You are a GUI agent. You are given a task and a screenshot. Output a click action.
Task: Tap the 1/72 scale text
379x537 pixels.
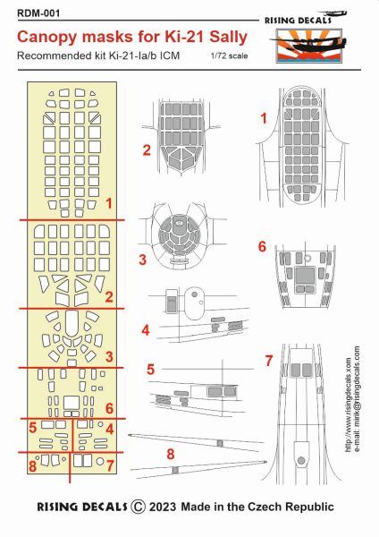229,55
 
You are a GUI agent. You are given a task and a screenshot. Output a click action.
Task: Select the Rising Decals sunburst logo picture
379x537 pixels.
309,46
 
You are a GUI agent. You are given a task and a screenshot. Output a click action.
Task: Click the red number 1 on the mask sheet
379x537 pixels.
109,204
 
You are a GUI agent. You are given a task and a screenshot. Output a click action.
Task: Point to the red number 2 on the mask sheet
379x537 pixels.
109,296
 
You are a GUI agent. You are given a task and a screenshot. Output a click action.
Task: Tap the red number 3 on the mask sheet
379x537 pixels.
109,356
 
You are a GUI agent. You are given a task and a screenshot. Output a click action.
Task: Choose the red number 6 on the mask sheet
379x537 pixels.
109,408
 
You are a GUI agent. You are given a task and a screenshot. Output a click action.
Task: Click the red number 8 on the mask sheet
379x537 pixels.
32,466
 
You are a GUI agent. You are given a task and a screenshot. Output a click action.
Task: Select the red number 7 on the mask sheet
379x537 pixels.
110,465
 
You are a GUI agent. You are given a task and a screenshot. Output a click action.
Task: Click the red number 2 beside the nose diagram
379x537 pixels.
147,150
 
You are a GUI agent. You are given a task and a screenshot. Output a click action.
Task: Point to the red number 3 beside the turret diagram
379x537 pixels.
143,260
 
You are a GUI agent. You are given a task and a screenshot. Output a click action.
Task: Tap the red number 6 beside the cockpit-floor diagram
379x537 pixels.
262,247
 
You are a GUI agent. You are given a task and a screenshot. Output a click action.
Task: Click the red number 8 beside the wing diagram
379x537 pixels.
171,454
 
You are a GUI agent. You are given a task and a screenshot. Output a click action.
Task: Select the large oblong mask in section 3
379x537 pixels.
72,323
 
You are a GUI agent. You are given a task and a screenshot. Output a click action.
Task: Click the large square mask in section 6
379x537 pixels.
72,403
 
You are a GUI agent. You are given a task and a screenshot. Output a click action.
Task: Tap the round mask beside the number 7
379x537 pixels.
100,461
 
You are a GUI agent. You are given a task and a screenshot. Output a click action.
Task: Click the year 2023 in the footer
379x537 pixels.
163,507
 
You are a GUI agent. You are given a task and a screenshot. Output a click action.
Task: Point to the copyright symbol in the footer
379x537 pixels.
139,507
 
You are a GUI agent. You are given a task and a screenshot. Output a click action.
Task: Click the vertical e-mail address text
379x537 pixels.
357,399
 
